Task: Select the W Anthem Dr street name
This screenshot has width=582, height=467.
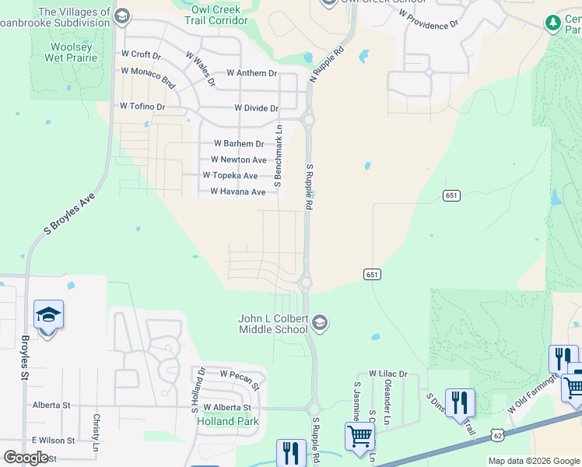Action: pos(251,73)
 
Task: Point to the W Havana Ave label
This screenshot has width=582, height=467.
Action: pos(237,192)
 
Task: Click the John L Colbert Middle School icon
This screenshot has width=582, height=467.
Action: pos(319,322)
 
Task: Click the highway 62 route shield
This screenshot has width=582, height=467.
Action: pos(496,436)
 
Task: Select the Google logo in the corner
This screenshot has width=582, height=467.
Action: pos(26,458)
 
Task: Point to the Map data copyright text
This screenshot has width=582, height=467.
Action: pos(534,461)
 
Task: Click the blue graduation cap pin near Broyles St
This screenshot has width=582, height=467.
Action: pos(48,316)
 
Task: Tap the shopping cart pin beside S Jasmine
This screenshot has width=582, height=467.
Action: pos(359,437)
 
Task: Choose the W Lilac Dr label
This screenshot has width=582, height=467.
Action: pos(388,374)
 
